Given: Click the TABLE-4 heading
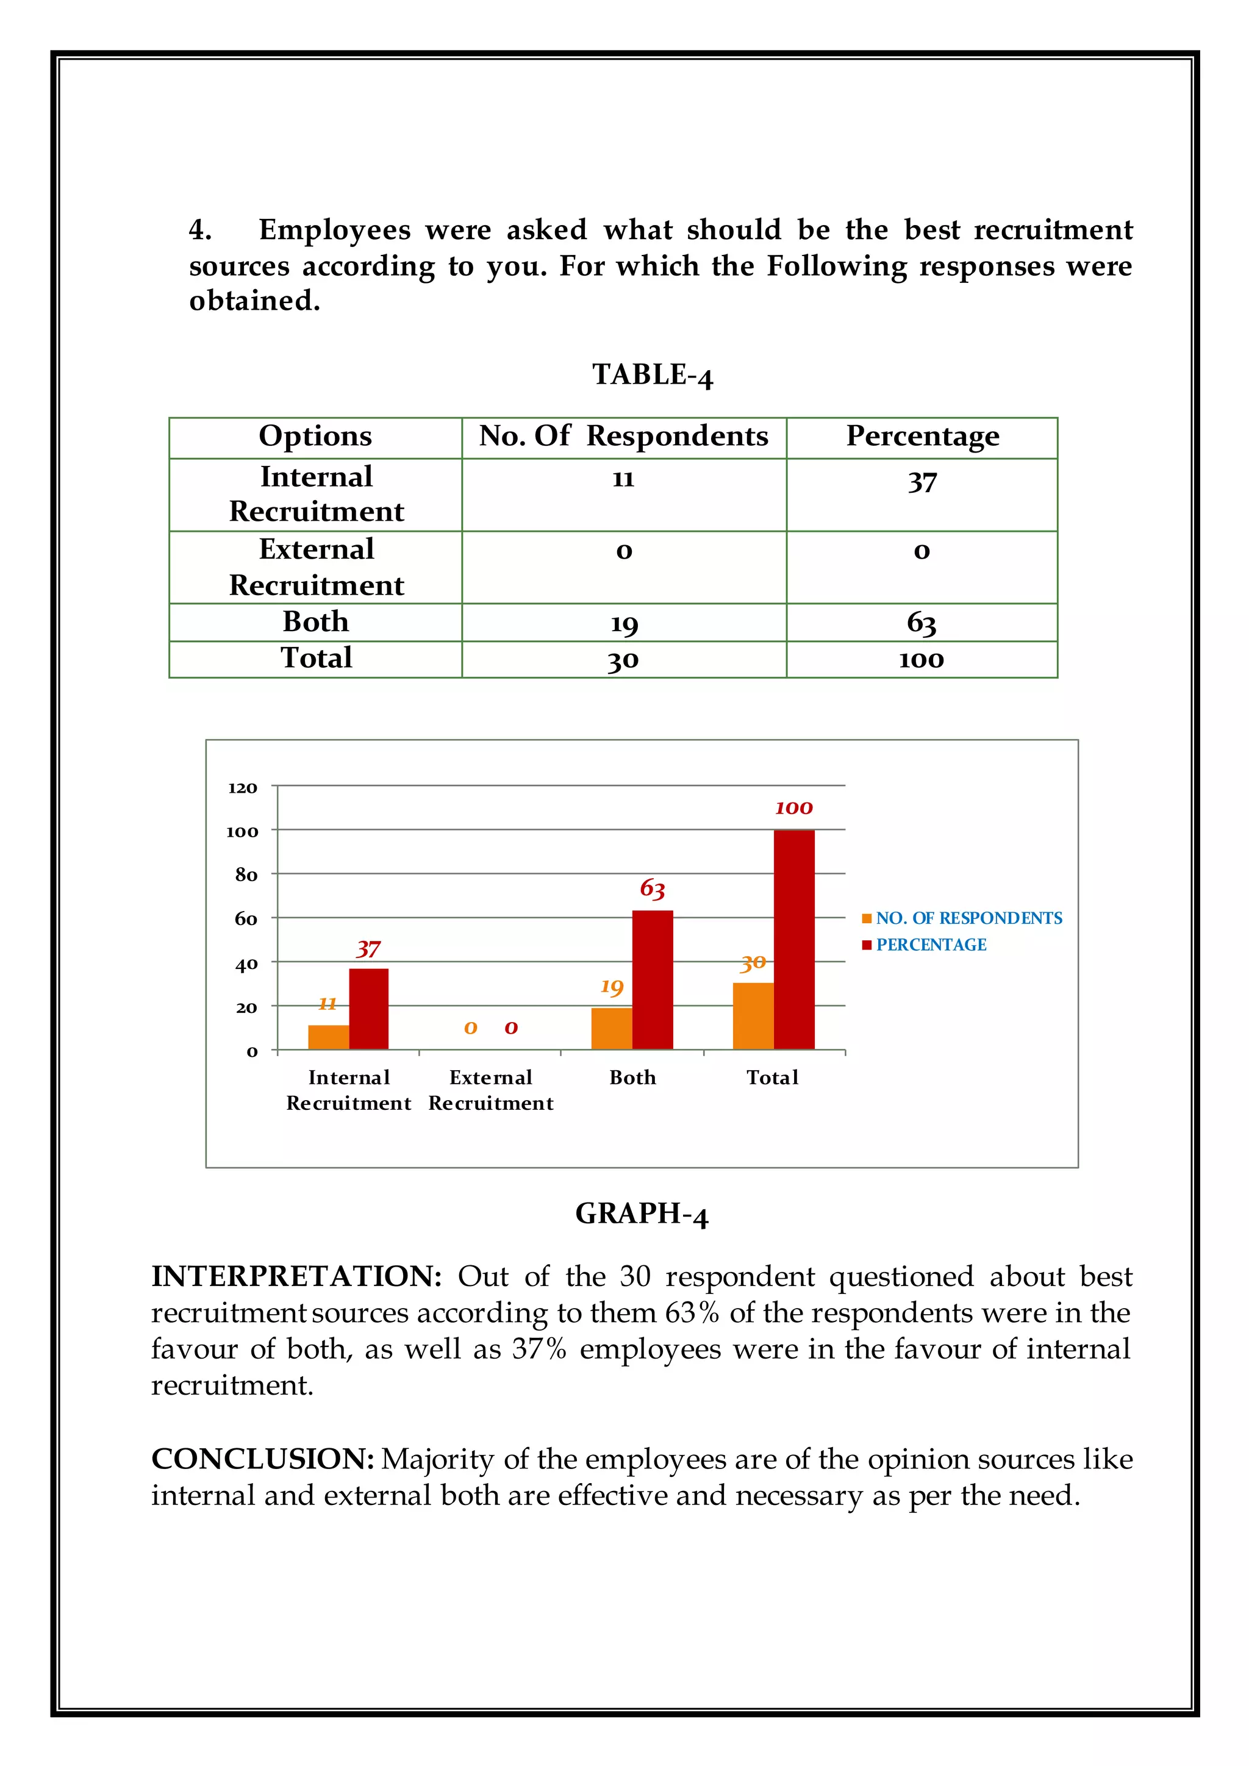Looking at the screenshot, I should click(652, 374).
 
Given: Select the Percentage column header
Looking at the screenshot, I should click(922, 436).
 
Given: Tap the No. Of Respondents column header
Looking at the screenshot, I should click(623, 436).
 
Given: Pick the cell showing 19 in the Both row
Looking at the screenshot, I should click(624, 622).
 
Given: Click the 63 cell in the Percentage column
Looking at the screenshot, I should click(922, 622).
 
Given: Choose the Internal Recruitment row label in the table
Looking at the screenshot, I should click(316, 494).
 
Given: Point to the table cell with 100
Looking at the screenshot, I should click(922, 659).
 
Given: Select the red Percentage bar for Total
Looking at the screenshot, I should click(793, 938).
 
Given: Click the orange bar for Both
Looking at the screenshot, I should click(612, 1028).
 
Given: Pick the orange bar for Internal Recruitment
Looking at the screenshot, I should click(328, 1036).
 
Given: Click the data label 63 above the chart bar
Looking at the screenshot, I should click(652, 888).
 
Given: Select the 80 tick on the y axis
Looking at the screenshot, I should click(246, 874).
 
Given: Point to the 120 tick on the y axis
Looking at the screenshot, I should click(242, 788).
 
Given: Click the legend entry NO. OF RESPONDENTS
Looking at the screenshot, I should click(968, 918).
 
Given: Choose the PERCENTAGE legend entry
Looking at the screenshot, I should click(931, 945).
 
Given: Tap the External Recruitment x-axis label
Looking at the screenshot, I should click(491, 1090).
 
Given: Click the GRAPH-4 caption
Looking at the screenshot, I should click(642, 1213).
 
